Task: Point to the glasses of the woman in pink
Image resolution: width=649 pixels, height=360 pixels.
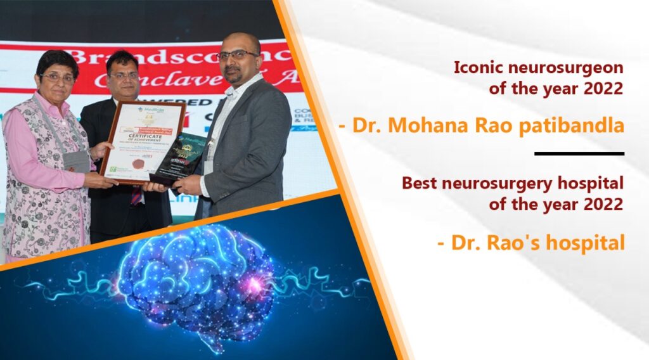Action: pyautogui.click(x=57, y=78)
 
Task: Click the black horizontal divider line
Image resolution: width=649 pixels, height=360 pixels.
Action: pyautogui.click(x=579, y=153)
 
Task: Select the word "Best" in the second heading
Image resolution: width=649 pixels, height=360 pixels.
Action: pyautogui.click(x=417, y=183)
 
